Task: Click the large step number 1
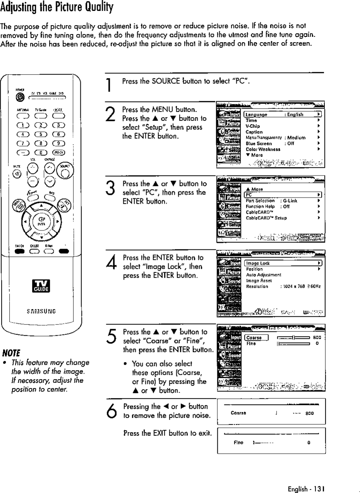click(x=109, y=85)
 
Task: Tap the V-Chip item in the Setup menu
click(x=253, y=126)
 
